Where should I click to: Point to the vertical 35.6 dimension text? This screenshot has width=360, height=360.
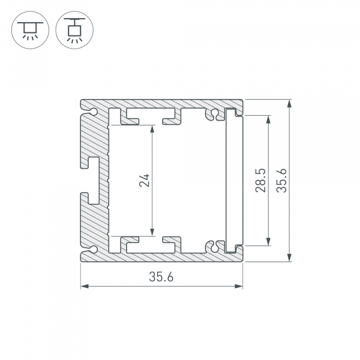[281, 180]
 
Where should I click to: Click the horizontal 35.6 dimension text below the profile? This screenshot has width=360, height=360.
[161, 277]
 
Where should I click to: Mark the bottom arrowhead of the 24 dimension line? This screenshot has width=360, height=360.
[152, 232]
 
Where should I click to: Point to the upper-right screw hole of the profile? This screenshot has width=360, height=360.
[212, 114]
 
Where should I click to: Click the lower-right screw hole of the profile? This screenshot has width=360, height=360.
[212, 246]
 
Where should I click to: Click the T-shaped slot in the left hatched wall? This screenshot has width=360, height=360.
[90, 179]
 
